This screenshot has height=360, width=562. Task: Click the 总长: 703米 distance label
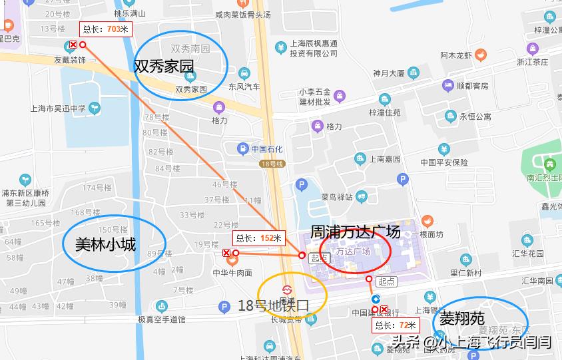pos(106,29)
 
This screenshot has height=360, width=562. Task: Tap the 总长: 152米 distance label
pos(258,238)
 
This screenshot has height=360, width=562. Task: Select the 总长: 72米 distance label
pos(396,325)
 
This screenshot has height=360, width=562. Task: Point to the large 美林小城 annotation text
pos(105,245)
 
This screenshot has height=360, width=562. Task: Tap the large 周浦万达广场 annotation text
pos(356,232)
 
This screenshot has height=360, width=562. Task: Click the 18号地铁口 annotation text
pos(274,306)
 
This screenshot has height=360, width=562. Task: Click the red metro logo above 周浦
pos(287,291)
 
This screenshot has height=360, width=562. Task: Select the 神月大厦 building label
pos(389,73)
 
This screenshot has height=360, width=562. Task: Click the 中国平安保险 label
pos(446,162)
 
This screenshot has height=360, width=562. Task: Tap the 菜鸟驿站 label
pos(336,197)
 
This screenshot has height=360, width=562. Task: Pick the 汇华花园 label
pos(528,254)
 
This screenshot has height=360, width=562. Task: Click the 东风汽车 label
pos(244,87)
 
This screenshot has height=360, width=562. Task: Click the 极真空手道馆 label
pos(162,319)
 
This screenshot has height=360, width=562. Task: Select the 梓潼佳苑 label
pos(385,112)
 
